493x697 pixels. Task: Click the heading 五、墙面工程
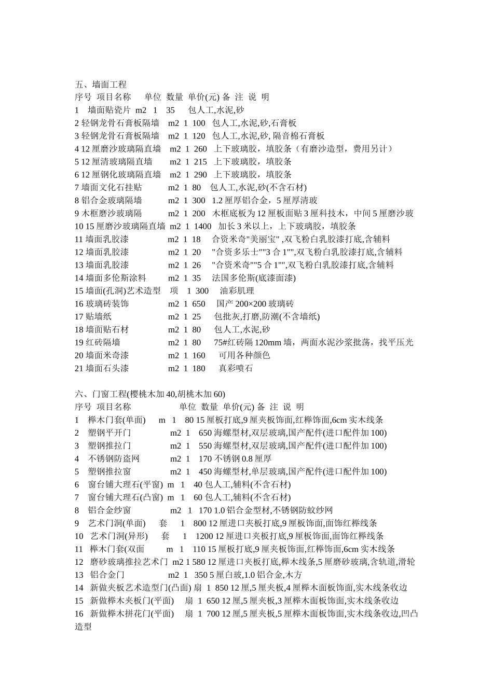[101, 84]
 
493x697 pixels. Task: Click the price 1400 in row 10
[202, 226]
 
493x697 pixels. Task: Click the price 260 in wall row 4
[200, 149]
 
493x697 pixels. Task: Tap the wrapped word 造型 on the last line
[84, 627]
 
